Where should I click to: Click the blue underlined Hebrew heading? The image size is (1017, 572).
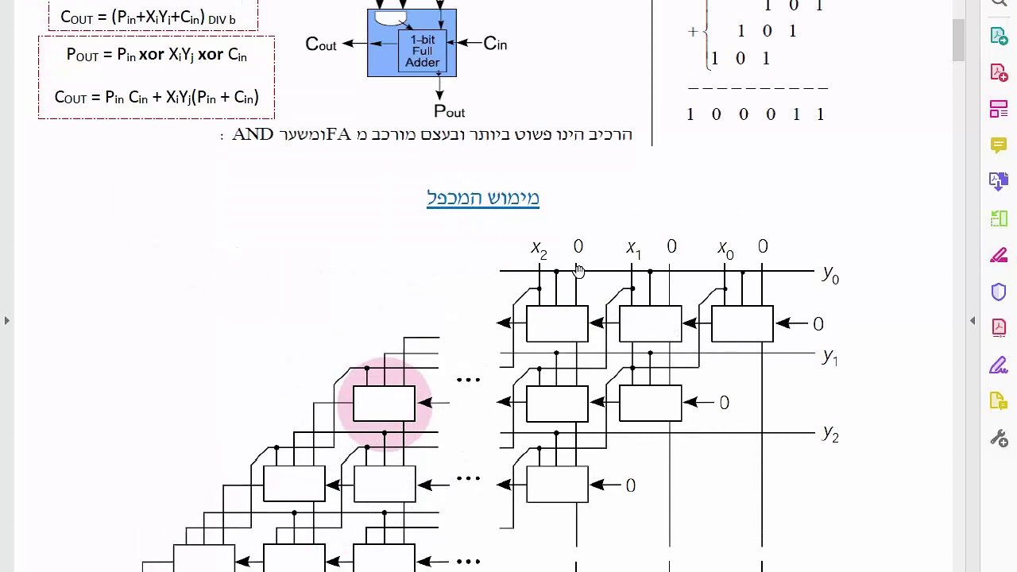[x=483, y=198]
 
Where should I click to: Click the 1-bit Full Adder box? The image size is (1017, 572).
[x=422, y=51]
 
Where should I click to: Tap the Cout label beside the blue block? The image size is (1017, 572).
[x=320, y=44]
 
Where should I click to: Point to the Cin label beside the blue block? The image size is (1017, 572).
[x=495, y=44]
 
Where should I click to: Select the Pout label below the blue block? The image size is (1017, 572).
[x=449, y=111]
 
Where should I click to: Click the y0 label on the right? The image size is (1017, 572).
[x=830, y=275]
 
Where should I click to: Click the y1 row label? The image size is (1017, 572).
[x=830, y=357]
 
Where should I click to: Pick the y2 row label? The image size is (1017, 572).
[x=830, y=434]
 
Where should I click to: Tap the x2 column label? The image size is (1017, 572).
[x=539, y=249]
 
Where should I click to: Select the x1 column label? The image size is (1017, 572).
[x=633, y=249]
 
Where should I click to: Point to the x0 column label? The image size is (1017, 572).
[x=725, y=249]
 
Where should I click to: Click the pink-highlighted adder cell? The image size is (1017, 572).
[x=384, y=404]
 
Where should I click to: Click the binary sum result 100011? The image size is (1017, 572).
[x=755, y=114]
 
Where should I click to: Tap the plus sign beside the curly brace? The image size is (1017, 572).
[x=693, y=32]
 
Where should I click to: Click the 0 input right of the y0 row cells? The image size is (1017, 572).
[x=818, y=324]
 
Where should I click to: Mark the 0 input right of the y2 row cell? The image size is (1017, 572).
[x=630, y=485]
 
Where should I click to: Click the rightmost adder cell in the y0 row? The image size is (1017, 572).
[x=742, y=324]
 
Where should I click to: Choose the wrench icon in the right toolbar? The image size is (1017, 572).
[x=999, y=438]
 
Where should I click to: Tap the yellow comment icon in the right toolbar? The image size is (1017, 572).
[x=999, y=145]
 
